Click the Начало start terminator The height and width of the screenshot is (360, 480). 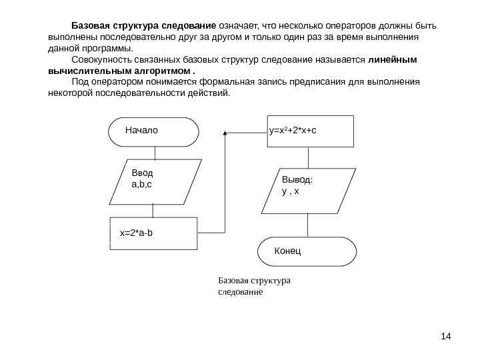[154, 131]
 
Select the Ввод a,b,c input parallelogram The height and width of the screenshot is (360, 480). [155, 181]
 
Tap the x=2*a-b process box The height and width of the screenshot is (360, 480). [153, 233]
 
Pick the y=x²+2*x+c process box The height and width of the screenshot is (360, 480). [309, 131]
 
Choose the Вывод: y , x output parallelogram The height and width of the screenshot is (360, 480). [308, 191]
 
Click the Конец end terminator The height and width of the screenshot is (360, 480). [307, 251]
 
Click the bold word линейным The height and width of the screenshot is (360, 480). [393, 59]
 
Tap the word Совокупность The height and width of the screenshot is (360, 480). [102, 59]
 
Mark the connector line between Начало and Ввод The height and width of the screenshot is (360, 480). [155, 152]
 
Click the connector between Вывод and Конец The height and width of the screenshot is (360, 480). [308, 225]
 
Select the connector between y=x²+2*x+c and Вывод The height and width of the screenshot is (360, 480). [308, 157]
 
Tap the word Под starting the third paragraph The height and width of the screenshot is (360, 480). [79, 81]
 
